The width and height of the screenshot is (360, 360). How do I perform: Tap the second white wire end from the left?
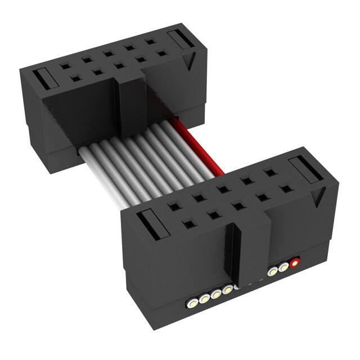click(x=204, y=300)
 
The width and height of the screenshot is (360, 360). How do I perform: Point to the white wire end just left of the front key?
click(x=227, y=290)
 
